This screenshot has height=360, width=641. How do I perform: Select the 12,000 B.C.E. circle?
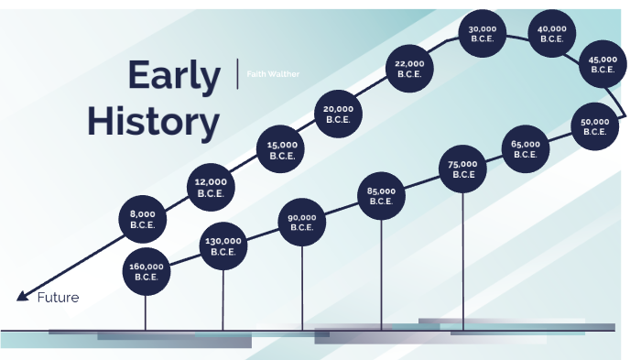[x=212, y=187]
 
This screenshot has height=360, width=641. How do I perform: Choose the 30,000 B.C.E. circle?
[x=483, y=34]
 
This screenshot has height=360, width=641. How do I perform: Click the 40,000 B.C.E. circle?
[x=552, y=34]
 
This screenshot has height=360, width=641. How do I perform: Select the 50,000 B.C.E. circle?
[x=594, y=125]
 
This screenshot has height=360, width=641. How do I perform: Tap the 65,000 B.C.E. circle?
[x=526, y=148]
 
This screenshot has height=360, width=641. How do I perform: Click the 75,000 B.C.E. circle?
[x=463, y=169]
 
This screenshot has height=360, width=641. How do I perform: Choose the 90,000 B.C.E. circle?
[x=302, y=223]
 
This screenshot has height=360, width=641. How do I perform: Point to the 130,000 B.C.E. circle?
[x=223, y=246]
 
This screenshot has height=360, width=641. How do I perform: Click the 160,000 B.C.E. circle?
[x=147, y=271]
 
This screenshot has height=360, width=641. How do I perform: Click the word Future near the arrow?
[x=58, y=298]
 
